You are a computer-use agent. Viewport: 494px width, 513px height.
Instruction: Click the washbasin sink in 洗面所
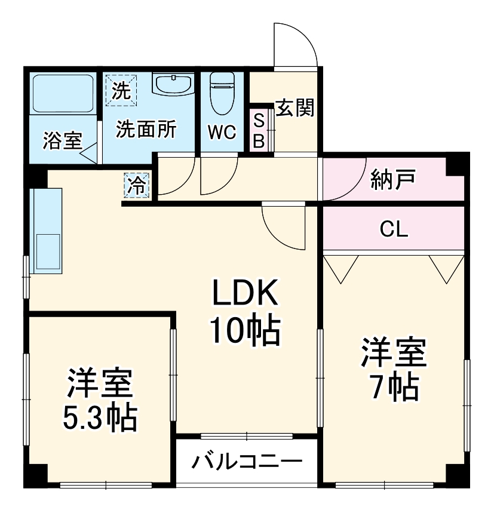click(x=173, y=85)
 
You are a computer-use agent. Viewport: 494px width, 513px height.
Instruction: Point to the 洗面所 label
click(x=146, y=130)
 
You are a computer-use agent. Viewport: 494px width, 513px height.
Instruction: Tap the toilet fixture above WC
click(x=222, y=93)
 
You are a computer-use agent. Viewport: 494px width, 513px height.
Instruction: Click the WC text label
click(x=222, y=132)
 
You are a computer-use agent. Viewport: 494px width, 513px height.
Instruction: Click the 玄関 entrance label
click(x=294, y=108)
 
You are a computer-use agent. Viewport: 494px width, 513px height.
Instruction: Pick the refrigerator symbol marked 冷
click(x=137, y=186)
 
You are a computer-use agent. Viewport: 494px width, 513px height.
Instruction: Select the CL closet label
click(x=394, y=229)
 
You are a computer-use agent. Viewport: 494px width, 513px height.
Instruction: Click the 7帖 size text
click(x=392, y=389)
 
